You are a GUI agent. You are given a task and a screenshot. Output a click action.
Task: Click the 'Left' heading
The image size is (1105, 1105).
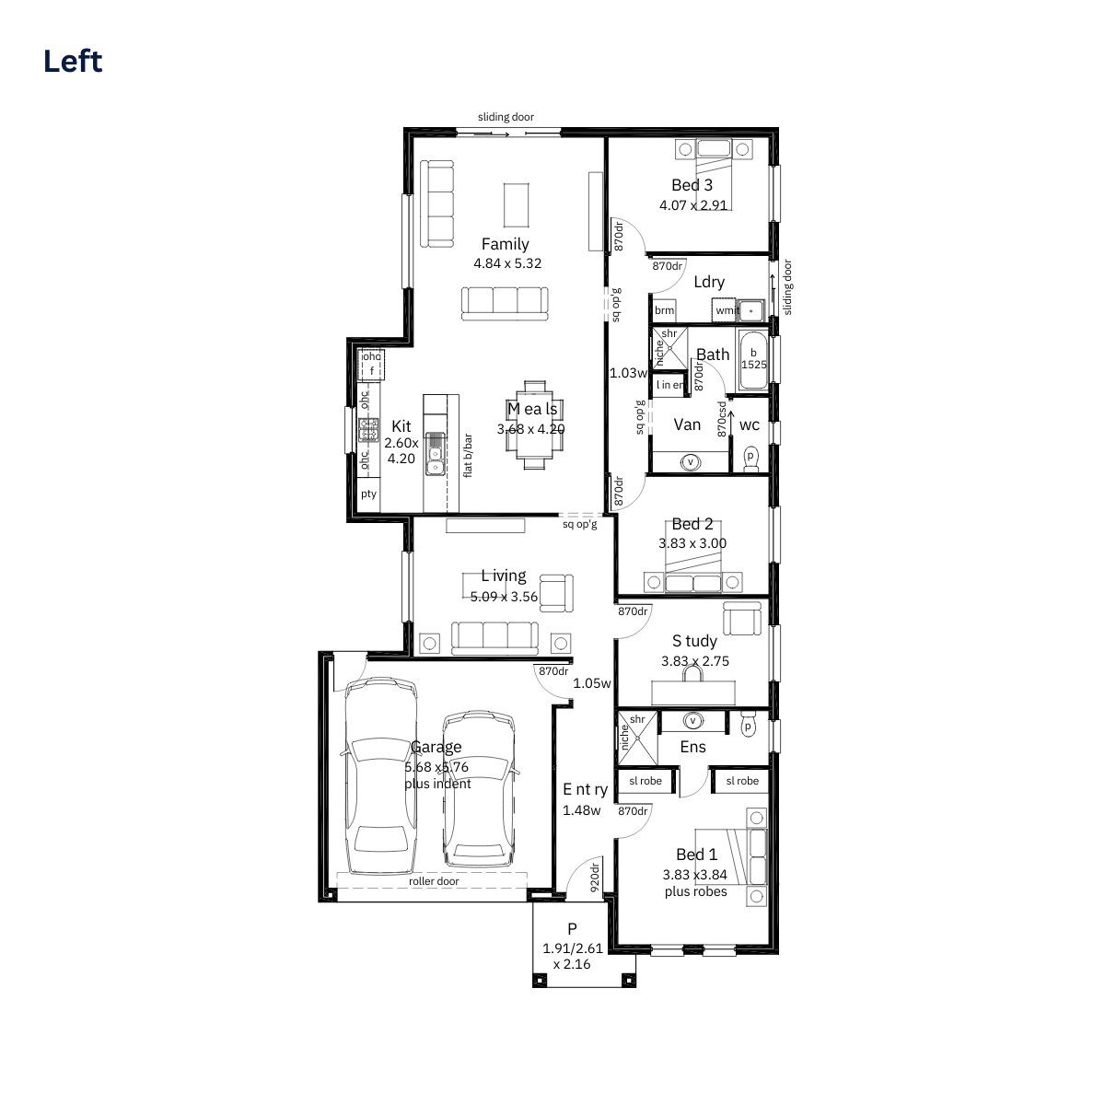pos(73,62)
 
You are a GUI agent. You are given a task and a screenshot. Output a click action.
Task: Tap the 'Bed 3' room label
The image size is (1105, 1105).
pos(692,185)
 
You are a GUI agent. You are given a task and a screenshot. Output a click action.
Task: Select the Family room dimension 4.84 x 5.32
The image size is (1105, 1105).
pos(506,263)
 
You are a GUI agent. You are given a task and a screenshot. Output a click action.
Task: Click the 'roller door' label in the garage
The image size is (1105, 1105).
pos(434,881)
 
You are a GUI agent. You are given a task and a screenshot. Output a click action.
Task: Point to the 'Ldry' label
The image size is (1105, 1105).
pos(709,282)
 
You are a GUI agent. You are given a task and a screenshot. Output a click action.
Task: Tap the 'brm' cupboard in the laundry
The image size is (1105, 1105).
pos(664,310)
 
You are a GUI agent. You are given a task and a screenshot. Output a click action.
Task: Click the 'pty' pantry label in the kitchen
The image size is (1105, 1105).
pos(368,494)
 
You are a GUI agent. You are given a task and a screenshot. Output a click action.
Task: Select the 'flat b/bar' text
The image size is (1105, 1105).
pos(468,455)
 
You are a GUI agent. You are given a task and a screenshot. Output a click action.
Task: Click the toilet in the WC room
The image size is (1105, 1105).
pos(750,459)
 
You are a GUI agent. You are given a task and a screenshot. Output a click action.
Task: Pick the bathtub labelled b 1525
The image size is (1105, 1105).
pos(753,360)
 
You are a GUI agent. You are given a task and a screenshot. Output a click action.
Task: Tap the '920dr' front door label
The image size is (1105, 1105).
pos(594,878)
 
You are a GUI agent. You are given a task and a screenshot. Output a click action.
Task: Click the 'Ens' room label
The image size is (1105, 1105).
pos(692,747)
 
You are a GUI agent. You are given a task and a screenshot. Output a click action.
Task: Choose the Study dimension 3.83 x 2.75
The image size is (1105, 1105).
pos(695,661)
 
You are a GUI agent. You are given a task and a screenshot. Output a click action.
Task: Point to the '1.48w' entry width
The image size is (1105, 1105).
pos(581,810)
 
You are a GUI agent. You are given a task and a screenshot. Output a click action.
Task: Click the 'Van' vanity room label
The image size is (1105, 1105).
pos(687,425)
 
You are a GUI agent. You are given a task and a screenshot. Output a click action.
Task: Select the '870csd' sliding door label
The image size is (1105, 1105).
pos(722,419)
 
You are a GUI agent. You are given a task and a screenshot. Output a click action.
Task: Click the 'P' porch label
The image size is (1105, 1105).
pos(572,928)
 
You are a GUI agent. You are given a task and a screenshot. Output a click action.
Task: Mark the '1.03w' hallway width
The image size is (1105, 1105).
pos(628,373)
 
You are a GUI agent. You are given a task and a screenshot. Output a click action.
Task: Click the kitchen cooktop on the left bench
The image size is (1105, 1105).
pos(368,429)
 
